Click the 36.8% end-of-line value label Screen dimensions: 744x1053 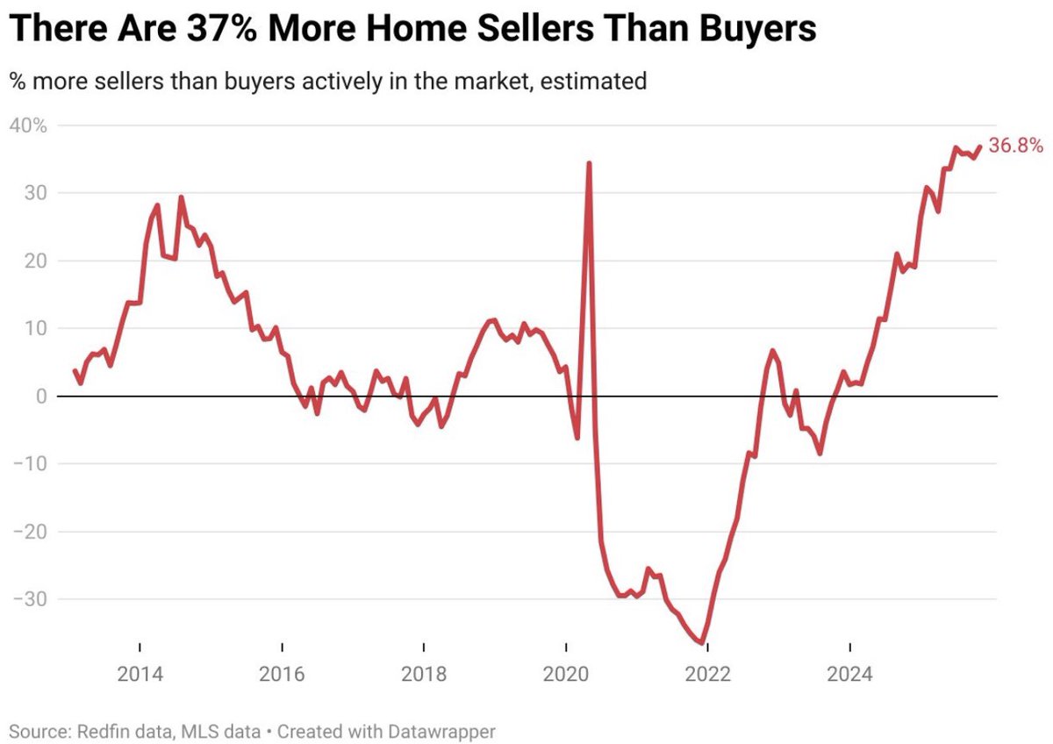tap(1015, 147)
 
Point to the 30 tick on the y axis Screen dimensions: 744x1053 tap(33, 193)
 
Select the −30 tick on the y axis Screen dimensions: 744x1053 tap(28, 599)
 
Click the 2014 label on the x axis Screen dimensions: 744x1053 tap(139, 675)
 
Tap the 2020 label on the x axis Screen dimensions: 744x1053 tap(566, 675)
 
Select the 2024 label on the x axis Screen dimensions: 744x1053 tap(850, 675)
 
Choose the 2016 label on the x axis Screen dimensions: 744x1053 tap(281, 675)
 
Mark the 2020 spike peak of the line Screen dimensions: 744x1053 tap(588, 163)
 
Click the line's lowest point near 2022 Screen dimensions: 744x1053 tap(703, 643)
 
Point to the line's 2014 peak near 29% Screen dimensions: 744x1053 tap(181, 197)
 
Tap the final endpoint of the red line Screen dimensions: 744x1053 tap(979, 147)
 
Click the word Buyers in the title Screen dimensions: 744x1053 tap(759, 30)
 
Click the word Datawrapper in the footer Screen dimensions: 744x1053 tap(453, 730)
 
